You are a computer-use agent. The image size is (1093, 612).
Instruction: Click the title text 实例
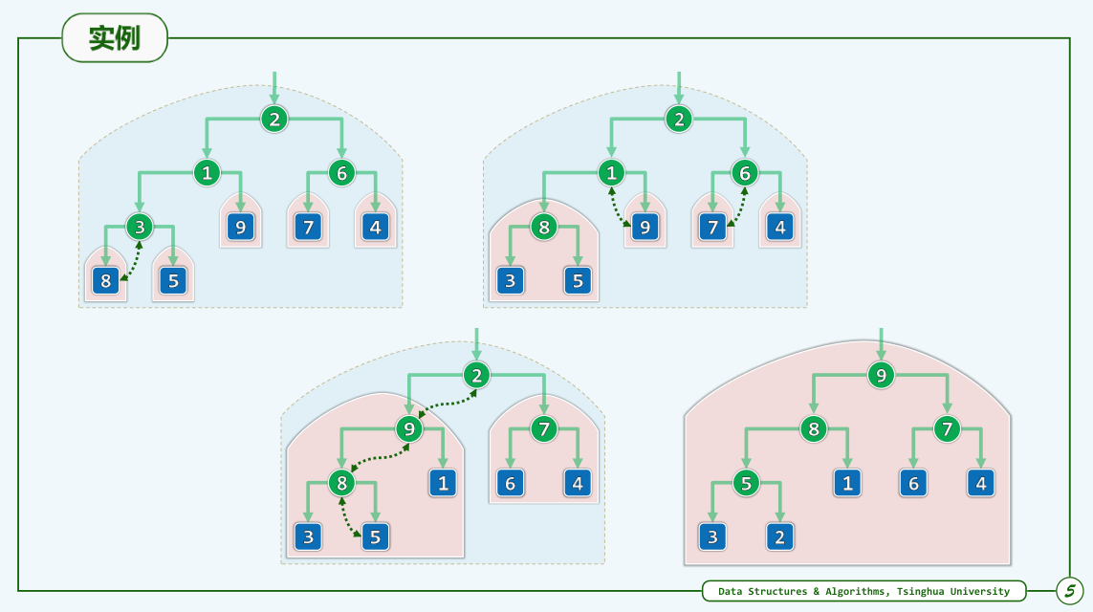pos(115,38)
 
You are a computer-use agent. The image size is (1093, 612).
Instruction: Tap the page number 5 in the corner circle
pos(1070,591)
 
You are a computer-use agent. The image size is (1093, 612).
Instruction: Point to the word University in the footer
pos(979,592)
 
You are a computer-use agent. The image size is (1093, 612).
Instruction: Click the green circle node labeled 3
pos(140,227)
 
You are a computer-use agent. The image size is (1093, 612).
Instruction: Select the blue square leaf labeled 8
pos(105,281)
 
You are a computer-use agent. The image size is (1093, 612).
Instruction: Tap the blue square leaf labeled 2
pos(780,536)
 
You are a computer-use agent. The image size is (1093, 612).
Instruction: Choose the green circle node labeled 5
pos(746,483)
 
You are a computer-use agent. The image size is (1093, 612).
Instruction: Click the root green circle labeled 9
pos(881,376)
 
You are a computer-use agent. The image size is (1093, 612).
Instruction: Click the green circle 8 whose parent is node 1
pos(544,228)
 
